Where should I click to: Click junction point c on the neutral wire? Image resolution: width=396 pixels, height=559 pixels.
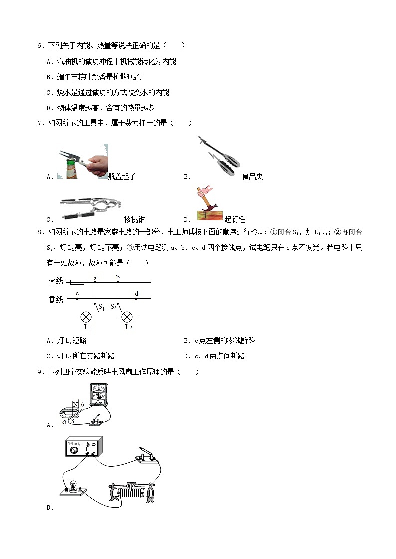[77, 299]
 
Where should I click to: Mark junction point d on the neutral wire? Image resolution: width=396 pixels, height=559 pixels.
[136, 299]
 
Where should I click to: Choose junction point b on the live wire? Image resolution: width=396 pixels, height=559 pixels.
[118, 282]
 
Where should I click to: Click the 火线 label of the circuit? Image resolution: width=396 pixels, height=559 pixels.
[55, 282]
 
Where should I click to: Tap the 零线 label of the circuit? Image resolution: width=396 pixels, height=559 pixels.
[55, 299]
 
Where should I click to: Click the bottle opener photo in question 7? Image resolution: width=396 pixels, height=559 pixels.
[82, 161]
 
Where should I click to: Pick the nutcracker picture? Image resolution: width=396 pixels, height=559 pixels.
[90, 207]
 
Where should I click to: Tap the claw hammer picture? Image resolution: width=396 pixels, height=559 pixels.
[209, 203]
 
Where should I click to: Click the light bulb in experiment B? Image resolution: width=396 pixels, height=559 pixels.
[71, 487]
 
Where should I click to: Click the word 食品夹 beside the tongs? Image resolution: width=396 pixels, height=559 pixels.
[252, 176]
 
